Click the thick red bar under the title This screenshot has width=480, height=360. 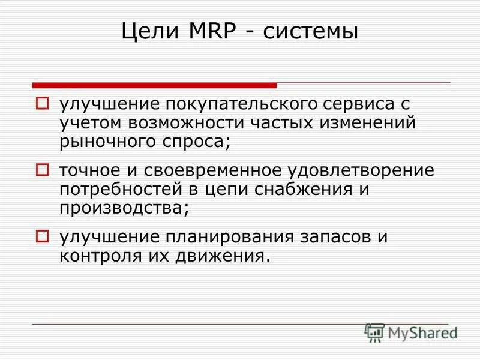(x=155, y=85)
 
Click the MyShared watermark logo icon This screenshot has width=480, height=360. (x=374, y=331)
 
